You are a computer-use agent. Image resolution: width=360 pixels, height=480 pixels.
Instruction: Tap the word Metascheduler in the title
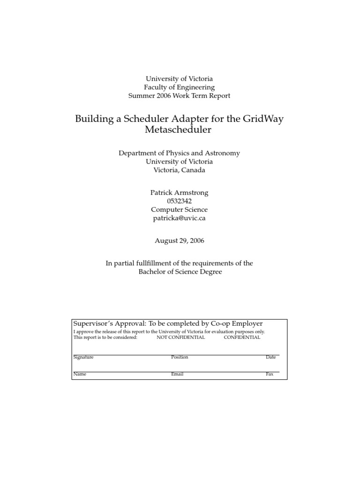click(x=179, y=130)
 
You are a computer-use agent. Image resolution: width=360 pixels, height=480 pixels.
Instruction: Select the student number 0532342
click(x=179, y=201)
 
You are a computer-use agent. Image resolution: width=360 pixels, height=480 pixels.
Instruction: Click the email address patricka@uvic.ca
click(x=180, y=218)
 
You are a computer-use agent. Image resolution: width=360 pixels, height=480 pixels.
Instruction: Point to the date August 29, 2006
click(x=180, y=240)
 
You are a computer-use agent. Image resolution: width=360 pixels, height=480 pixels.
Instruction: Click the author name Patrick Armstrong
click(x=180, y=193)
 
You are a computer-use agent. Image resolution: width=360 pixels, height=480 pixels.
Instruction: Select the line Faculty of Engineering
click(x=180, y=87)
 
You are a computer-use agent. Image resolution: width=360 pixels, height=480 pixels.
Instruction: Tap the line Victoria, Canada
click(x=180, y=170)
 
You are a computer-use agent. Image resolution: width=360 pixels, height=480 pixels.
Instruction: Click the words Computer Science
click(x=179, y=210)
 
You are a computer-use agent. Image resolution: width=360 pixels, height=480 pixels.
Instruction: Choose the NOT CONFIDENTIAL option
click(x=180, y=337)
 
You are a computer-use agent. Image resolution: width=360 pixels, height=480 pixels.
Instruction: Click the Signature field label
click(x=83, y=357)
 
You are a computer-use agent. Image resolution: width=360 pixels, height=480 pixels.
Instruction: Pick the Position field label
click(x=180, y=357)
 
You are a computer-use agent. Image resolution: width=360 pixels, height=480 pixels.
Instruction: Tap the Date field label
click(x=270, y=357)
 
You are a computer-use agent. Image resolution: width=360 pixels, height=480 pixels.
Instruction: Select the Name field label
click(x=80, y=374)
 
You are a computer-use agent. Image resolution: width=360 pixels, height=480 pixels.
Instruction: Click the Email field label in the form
click(x=177, y=374)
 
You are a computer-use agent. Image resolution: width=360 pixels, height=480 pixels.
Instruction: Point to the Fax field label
click(x=270, y=374)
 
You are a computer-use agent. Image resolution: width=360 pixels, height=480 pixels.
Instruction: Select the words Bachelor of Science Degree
click(x=180, y=272)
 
